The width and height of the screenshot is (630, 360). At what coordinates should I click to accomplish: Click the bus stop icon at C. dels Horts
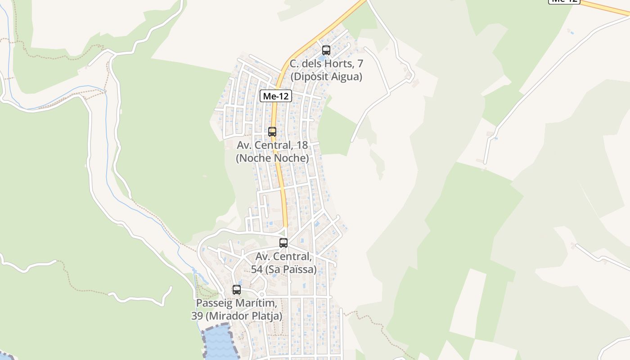[x=326, y=50]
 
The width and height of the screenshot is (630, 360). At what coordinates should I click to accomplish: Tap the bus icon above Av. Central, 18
[x=272, y=132]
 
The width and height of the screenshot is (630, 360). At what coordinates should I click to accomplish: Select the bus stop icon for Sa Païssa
[x=283, y=243]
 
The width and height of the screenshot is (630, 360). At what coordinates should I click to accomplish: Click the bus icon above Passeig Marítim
[x=237, y=290]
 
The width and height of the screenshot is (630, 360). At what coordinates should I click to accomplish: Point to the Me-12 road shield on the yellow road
[x=275, y=96]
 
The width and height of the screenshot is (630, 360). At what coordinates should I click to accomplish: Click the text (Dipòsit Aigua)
[x=326, y=76]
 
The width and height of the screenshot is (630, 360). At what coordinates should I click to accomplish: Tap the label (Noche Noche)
[x=272, y=158]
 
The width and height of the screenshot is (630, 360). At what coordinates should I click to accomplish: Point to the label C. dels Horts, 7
[x=326, y=63]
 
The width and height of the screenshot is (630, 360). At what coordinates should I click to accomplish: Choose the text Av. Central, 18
[x=272, y=145]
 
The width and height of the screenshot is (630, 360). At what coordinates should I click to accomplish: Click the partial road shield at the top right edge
[x=564, y=1]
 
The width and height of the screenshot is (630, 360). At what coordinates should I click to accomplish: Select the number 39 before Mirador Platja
[x=197, y=316]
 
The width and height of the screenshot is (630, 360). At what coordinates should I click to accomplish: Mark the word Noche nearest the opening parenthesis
[x=255, y=158]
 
